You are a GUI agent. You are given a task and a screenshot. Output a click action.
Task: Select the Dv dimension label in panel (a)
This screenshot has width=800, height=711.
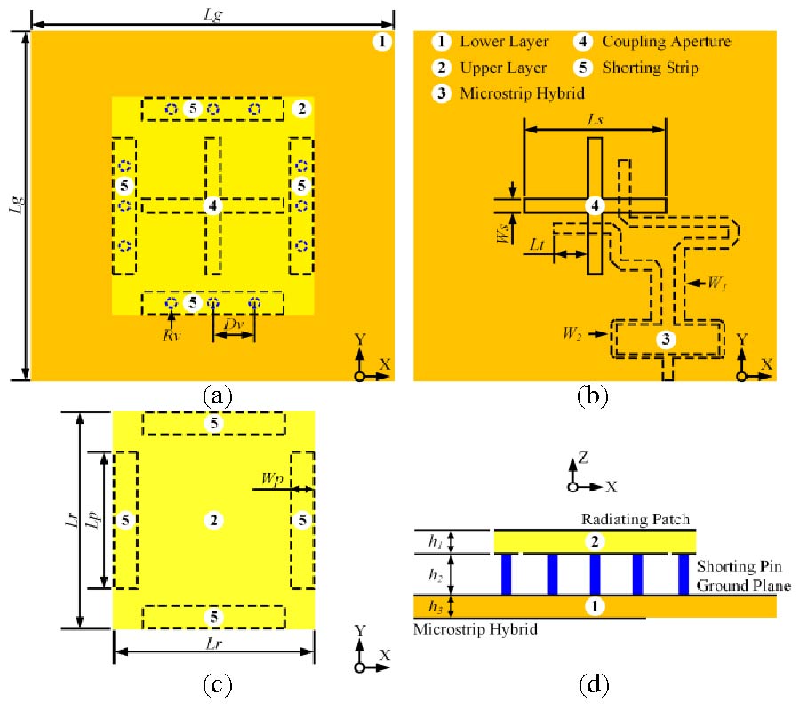233,326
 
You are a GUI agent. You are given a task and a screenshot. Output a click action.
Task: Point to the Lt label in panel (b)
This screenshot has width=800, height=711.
538,242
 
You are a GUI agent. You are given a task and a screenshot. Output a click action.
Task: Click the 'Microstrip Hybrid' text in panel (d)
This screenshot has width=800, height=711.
476,629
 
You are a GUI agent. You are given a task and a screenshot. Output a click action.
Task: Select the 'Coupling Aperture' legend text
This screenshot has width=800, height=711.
666,42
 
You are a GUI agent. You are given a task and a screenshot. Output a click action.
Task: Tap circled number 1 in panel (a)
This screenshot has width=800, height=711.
381,42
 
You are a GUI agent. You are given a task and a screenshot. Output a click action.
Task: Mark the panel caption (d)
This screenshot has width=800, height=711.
593,684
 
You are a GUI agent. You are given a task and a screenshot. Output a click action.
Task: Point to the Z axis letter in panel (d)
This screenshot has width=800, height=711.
583,458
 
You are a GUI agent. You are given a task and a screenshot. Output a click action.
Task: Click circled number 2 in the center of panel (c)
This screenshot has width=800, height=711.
212,520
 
